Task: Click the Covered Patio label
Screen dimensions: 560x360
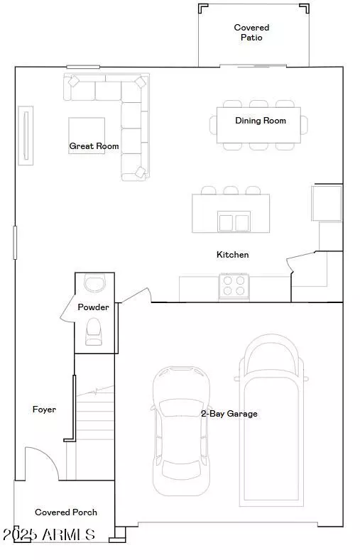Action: coord(252,33)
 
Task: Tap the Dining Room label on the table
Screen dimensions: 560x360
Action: coord(261,121)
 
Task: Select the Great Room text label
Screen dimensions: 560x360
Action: coord(94,146)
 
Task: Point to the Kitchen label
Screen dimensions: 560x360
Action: coord(233,254)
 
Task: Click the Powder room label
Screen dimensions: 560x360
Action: coord(94,307)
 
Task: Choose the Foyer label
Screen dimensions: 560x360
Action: coord(44,410)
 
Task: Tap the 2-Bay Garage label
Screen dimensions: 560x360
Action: coord(229,413)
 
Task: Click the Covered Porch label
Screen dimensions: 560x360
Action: coord(66,512)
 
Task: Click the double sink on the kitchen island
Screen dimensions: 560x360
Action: coord(234,222)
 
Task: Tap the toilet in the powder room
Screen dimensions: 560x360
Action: coord(94,331)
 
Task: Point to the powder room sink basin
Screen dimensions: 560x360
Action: coord(93,283)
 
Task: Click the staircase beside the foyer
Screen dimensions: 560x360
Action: coord(94,426)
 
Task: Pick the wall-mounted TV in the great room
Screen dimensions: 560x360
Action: coord(26,136)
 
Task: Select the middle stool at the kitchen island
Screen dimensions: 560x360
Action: coord(231,190)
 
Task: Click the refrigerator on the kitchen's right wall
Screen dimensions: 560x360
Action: coord(327,202)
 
